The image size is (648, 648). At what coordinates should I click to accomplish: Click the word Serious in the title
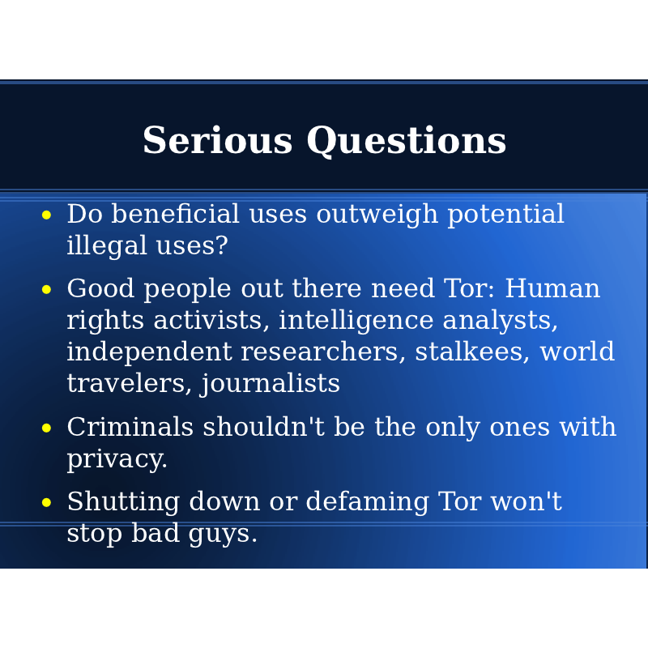(x=217, y=140)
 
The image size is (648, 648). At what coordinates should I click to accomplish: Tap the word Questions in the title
(x=407, y=141)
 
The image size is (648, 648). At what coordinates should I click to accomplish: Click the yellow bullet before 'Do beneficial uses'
(x=46, y=215)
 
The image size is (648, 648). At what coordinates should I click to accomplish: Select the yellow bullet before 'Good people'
(x=46, y=289)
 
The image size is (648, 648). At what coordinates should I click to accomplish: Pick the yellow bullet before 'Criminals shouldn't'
(x=46, y=428)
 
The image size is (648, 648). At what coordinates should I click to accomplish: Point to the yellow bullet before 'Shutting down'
(x=46, y=502)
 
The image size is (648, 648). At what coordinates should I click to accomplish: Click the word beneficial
(x=176, y=214)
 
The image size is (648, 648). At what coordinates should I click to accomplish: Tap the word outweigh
(x=377, y=215)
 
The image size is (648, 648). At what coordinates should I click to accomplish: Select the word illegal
(x=107, y=246)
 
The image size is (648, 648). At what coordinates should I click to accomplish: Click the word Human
(x=552, y=288)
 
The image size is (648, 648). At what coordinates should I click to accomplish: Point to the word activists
(x=211, y=320)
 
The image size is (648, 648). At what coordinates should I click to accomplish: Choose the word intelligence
(x=356, y=321)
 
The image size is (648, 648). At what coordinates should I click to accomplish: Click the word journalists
(x=270, y=384)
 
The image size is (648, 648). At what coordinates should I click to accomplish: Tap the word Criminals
(x=130, y=427)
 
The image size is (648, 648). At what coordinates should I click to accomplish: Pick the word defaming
(x=367, y=502)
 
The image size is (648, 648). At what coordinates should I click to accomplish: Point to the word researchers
(x=319, y=352)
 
